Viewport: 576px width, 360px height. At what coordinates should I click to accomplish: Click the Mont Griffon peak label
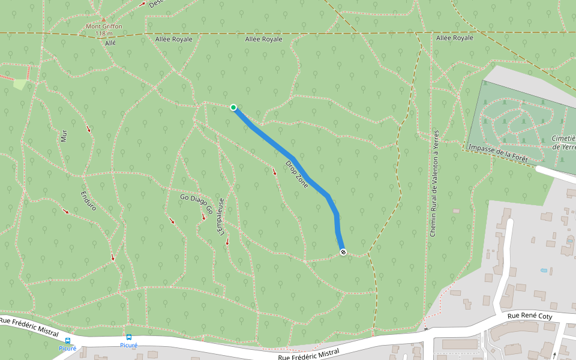coord(104,26)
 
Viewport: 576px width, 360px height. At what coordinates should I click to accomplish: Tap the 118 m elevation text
coord(104,34)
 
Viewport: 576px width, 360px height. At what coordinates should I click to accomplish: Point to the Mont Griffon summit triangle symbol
coord(103,19)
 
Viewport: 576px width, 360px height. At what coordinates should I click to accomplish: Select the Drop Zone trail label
coord(296,175)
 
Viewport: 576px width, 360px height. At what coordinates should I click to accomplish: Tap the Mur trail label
coord(64,136)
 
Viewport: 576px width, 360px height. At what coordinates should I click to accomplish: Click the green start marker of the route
coord(233,107)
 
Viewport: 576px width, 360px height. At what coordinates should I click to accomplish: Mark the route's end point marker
coord(343,253)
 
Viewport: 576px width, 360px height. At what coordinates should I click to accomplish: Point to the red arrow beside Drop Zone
coord(275,172)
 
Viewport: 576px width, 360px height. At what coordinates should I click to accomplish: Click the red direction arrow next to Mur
coord(89,129)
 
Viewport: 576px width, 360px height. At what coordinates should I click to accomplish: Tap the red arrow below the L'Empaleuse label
coord(227,242)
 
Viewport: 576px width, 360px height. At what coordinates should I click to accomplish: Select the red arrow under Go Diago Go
coord(203,217)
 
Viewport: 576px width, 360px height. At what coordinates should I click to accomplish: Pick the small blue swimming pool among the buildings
coord(544,271)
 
